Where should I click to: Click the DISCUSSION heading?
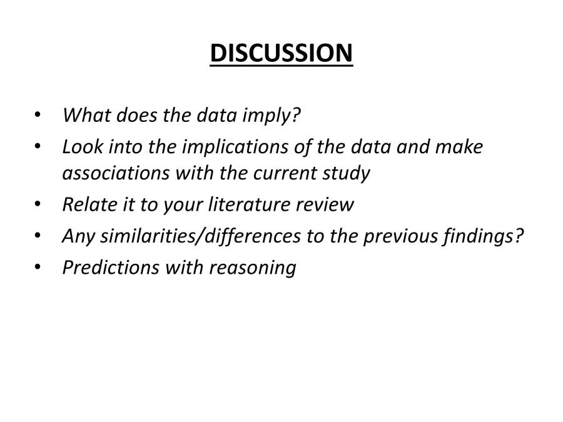click(281, 53)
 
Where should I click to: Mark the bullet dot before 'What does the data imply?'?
click(39, 116)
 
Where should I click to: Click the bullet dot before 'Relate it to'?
click(39, 204)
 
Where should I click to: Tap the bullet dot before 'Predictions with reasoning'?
click(39, 268)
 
